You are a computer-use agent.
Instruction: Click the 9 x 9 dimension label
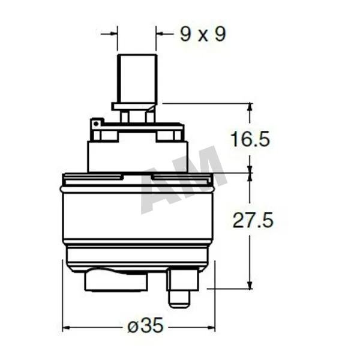[203, 34]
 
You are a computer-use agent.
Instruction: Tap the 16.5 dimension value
[250, 139]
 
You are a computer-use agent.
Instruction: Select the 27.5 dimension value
[253, 220]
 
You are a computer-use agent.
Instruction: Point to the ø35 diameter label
[146, 325]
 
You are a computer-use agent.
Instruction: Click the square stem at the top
[137, 79]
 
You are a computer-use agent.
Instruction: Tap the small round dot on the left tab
[96, 124]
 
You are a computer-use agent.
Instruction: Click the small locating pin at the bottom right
[179, 299]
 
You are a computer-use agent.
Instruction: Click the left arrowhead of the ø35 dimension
[66, 328]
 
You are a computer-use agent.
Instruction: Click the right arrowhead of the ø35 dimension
[211, 328]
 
